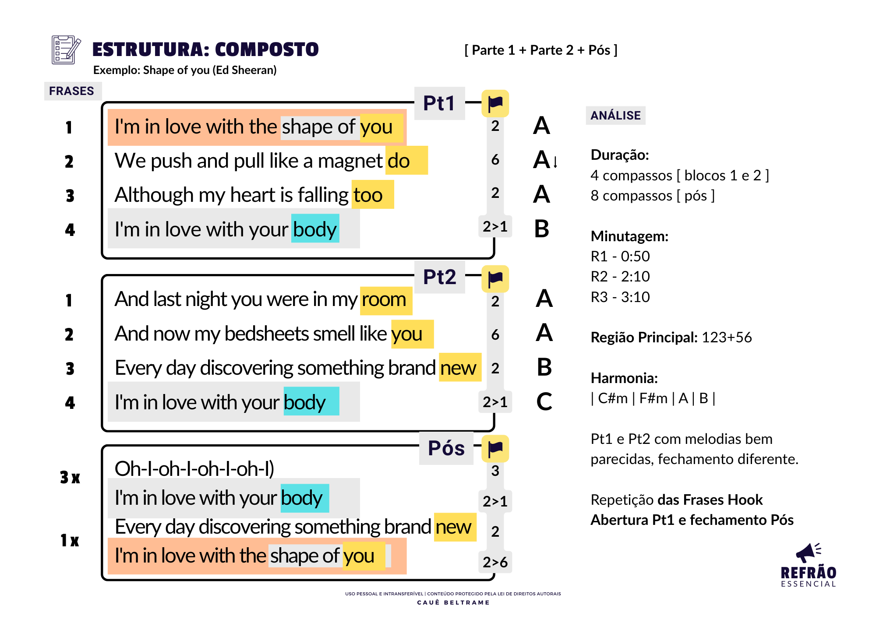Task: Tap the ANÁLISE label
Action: tap(615, 116)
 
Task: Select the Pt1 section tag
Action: tap(439, 104)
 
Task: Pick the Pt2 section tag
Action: tap(439, 277)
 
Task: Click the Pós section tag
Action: tap(446, 448)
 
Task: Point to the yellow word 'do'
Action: tap(406, 161)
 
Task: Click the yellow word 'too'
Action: tap(373, 194)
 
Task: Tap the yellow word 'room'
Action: tap(386, 301)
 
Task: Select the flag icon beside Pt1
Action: tap(495, 104)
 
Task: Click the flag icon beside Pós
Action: tap(495, 449)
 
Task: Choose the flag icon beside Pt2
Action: tap(495, 279)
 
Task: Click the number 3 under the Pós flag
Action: tap(495, 471)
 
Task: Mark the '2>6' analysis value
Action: tap(495, 562)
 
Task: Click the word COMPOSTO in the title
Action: tap(267, 49)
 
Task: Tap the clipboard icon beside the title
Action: tap(66, 50)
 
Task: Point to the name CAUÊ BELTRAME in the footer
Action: tap(453, 603)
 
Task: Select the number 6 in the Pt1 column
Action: tap(495, 159)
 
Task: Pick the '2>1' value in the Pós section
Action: tap(495, 501)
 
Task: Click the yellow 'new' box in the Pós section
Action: tap(455, 527)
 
